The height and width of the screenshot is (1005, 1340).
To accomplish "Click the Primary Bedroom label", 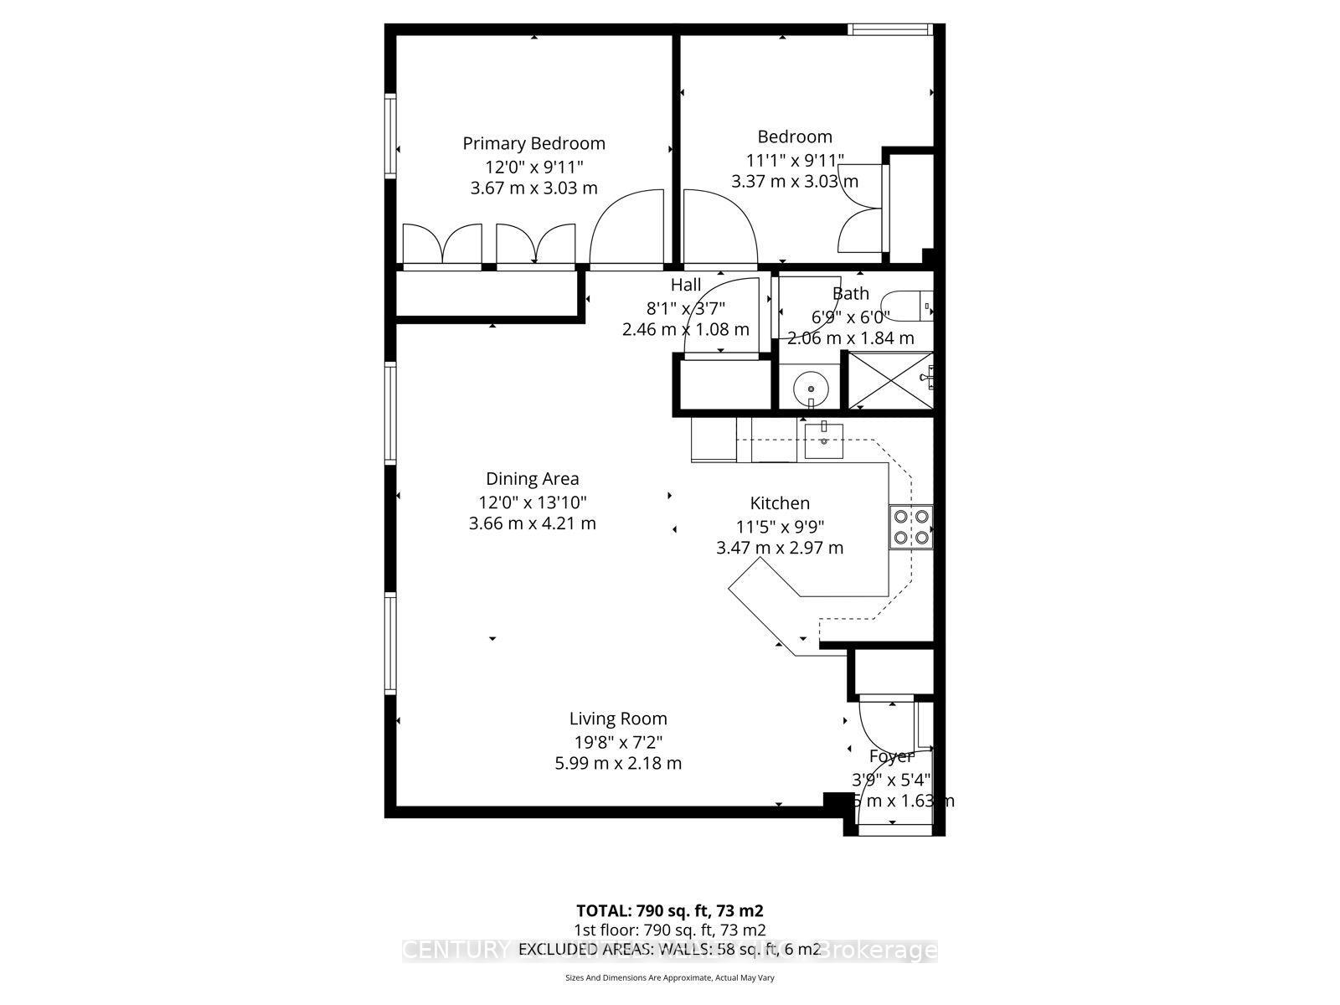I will (x=533, y=143).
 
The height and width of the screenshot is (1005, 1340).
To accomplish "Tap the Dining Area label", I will (x=532, y=479).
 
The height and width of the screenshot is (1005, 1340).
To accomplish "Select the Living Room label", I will (x=618, y=719).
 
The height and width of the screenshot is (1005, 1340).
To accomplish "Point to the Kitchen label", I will (x=779, y=503).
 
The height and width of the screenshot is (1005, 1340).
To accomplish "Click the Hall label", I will (x=686, y=286).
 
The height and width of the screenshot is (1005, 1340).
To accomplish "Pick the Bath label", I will (x=850, y=294).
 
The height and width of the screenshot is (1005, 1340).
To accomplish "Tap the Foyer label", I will (x=890, y=757).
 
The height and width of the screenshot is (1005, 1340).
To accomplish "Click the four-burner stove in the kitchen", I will (x=911, y=527).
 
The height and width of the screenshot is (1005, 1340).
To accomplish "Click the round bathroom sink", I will (x=811, y=389).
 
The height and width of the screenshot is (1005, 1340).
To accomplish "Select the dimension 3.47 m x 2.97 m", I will (x=779, y=549).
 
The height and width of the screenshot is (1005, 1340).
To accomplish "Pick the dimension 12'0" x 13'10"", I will (x=532, y=502).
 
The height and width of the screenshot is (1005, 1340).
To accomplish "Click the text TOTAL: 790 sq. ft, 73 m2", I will (x=669, y=910).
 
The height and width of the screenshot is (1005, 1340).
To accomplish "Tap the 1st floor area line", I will (x=669, y=930).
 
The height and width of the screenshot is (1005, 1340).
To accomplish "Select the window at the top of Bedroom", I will (x=889, y=29).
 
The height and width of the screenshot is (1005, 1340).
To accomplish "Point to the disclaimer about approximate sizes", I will (x=669, y=977).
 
